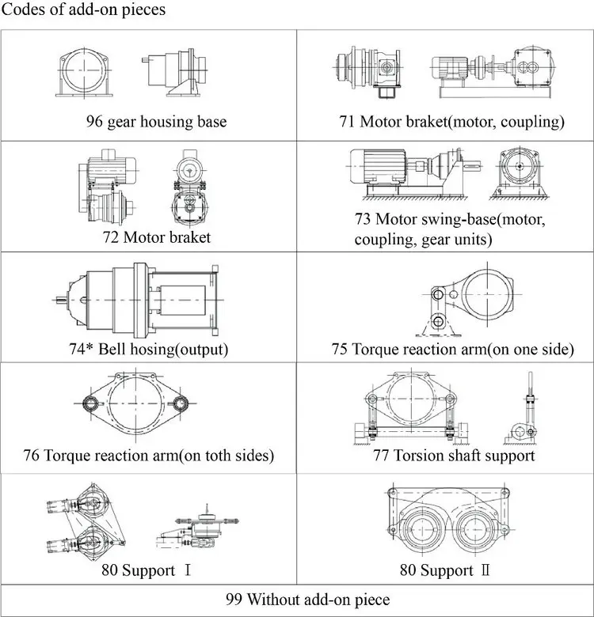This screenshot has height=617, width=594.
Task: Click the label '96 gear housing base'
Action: pyautogui.click(x=156, y=122)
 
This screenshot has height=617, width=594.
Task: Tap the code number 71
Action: pyautogui.click(x=346, y=122)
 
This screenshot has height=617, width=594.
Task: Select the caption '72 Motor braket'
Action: pyautogui.click(x=156, y=237)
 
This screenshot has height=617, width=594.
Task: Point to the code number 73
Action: pyautogui.click(x=363, y=218)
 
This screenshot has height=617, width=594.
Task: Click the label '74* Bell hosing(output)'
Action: pyautogui.click(x=149, y=349)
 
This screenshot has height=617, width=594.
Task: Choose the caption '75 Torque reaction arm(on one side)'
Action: pyautogui.click(x=452, y=349)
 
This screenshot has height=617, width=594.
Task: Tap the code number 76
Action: pyautogui.click(x=32, y=456)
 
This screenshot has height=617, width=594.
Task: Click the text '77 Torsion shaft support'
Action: pyautogui.click(x=454, y=456)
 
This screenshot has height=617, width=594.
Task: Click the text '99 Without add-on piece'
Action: pyautogui.click(x=296, y=600)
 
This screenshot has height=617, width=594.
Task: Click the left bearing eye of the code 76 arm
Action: pyautogui.click(x=94, y=404)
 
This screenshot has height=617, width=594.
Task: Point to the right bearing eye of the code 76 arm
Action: pyautogui.click(x=185, y=404)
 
